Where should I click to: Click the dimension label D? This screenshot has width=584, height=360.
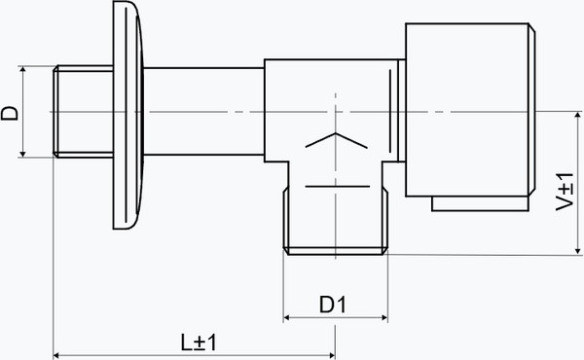(x=10, y=113)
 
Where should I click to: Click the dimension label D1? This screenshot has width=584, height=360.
(x=333, y=305)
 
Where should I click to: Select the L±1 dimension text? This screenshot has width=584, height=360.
(x=199, y=342)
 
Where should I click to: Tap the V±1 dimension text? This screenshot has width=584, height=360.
(x=565, y=192)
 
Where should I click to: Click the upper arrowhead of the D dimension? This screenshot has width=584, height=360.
(x=22, y=70)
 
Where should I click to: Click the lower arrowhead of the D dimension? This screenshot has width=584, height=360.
(x=22, y=154)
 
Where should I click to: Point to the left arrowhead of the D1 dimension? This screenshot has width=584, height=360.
(x=287, y=317)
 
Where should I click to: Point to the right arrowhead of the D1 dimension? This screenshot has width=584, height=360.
(x=384, y=317)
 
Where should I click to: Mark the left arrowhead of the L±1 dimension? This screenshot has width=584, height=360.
(x=57, y=355)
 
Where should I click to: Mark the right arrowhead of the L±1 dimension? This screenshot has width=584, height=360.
(x=331, y=355)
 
